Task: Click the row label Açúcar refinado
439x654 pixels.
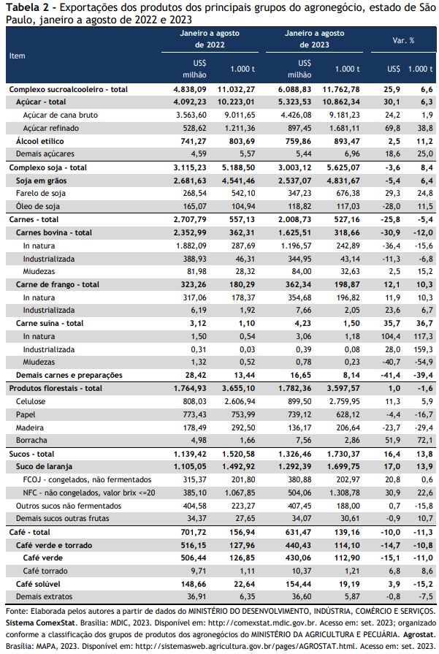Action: click(x=50, y=128)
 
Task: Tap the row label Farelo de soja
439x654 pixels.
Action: click(x=40, y=193)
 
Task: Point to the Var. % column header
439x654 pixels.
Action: click(x=403, y=40)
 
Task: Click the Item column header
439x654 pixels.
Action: click(x=17, y=56)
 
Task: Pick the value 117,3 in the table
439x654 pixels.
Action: click(x=424, y=336)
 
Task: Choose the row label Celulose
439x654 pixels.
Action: click(x=31, y=401)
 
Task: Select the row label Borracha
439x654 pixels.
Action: click(x=31, y=440)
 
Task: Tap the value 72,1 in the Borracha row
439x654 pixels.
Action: click(x=425, y=440)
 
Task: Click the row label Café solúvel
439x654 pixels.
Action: click(x=38, y=584)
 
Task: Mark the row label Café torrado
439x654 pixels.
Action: click(x=45, y=571)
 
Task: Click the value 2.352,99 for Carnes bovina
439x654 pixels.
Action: click(x=190, y=232)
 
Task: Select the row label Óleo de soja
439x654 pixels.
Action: click(x=37, y=206)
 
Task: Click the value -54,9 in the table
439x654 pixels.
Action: click(x=424, y=362)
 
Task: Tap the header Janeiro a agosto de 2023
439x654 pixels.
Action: click(x=314, y=39)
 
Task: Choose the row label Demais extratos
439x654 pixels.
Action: click(x=44, y=596)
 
